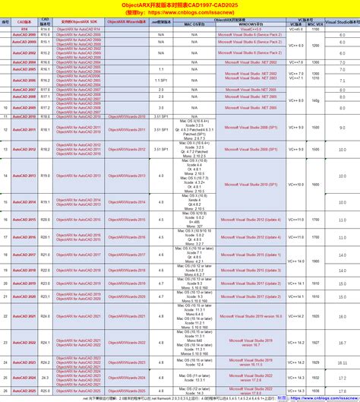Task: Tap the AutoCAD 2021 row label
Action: (x=24, y=315)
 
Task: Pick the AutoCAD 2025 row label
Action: (x=24, y=390)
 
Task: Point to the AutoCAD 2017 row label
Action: (x=24, y=253)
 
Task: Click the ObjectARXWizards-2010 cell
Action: (x=125, y=117)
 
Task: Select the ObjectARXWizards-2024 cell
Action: (x=125, y=375)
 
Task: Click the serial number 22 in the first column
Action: (x=5, y=315)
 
